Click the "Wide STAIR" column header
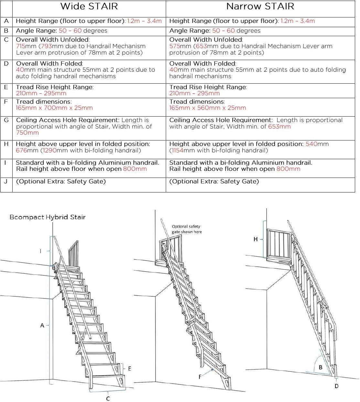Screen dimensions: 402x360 (89, 6)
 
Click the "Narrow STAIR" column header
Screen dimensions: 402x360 (260, 6)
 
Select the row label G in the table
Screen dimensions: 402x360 (6, 120)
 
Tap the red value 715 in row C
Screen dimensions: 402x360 (22, 46)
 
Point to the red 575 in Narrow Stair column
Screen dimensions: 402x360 (175, 46)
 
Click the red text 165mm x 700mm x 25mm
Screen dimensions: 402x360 (54, 108)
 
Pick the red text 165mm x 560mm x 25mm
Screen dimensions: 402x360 (207, 108)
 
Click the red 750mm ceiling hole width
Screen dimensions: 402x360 (27, 133)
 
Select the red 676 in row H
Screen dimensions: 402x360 (21, 150)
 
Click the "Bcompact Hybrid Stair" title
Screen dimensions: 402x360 (48, 217)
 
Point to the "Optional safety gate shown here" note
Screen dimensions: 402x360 (186, 229)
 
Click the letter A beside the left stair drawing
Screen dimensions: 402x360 (42, 325)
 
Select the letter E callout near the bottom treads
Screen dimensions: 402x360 (130, 369)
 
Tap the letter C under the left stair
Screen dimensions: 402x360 (108, 399)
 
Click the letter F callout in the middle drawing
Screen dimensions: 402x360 (200, 377)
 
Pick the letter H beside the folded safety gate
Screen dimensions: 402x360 (256, 239)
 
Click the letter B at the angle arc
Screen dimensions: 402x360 (321, 367)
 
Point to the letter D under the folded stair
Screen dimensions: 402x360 (336, 386)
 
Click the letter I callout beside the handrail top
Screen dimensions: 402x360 (41, 251)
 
